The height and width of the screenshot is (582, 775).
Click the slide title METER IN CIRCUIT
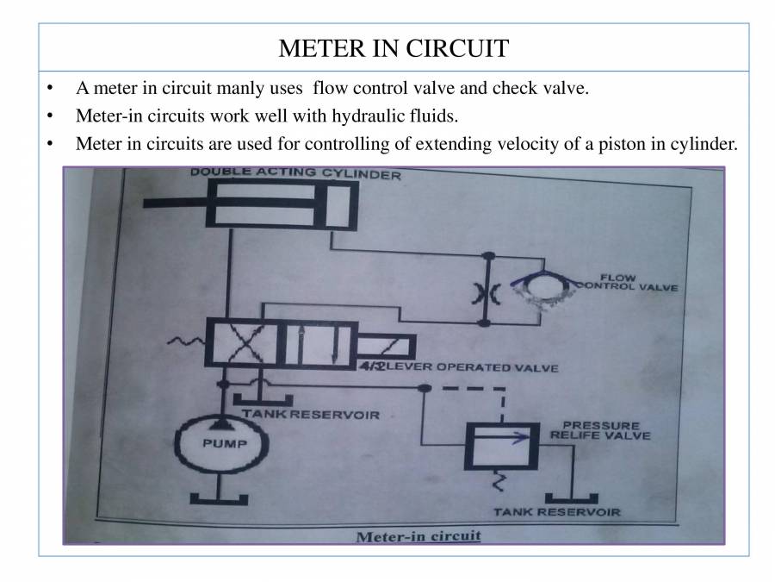394,47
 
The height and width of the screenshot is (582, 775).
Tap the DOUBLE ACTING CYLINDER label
295,173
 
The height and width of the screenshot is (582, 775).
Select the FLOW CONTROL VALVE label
626,283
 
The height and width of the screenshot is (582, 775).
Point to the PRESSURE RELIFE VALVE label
600,430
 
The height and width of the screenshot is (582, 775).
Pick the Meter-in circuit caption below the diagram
418,535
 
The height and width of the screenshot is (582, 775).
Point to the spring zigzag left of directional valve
189,345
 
